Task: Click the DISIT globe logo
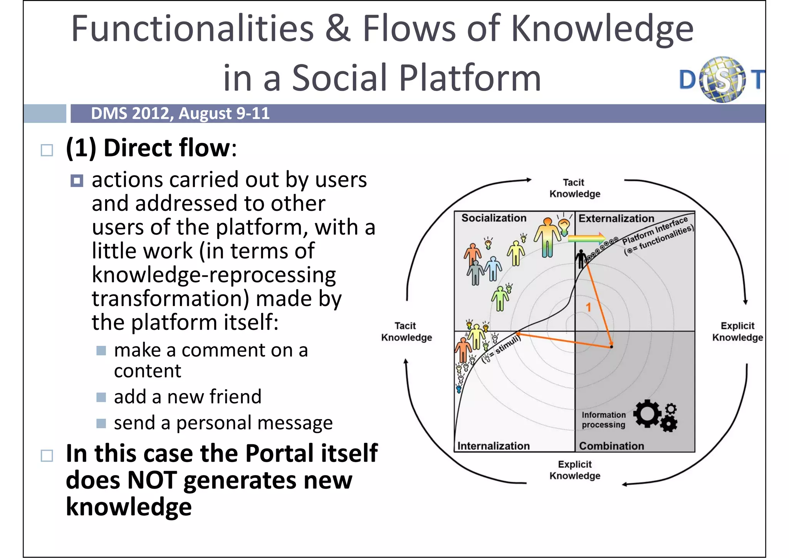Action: pyautogui.click(x=722, y=80)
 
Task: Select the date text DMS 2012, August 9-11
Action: pyautogui.click(x=180, y=114)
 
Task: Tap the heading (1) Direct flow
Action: pyautogui.click(x=151, y=148)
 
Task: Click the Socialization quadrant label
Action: pyautogui.click(x=494, y=218)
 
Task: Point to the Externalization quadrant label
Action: pyautogui.click(x=616, y=218)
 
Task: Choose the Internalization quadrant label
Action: pyautogui.click(x=493, y=446)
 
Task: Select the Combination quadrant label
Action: pyautogui.click(x=611, y=446)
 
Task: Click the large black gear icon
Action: pyautogui.click(x=647, y=413)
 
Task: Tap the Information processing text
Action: pyautogui.click(x=603, y=420)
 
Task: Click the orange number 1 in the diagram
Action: pyautogui.click(x=588, y=307)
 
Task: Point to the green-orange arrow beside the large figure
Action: pyautogui.click(x=586, y=238)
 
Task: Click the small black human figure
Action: pyautogui.click(x=581, y=258)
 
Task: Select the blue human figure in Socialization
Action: pyautogui.click(x=493, y=268)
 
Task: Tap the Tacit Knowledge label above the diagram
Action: pyautogui.click(x=574, y=188)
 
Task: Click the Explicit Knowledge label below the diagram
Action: pyautogui.click(x=574, y=470)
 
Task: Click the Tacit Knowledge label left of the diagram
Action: pyautogui.click(x=406, y=331)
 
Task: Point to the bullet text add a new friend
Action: pyautogui.click(x=187, y=397)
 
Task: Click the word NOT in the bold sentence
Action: pyautogui.click(x=152, y=480)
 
